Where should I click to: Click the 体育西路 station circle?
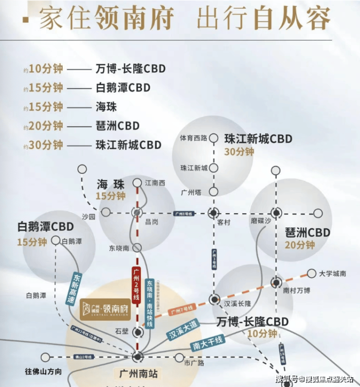[214, 138]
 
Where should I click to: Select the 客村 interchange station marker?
[214, 213]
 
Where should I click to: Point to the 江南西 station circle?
[137, 183]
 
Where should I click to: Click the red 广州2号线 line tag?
[136, 286]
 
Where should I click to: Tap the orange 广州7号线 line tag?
[182, 309]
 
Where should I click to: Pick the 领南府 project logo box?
[105, 308]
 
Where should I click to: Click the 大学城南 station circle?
[311, 274]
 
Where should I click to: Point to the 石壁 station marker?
[138, 332]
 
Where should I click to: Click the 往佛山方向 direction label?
[44, 371]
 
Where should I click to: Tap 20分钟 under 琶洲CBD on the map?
[300, 245]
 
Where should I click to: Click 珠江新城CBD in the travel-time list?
[128, 145]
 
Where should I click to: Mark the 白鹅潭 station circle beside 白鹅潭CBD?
[55, 240]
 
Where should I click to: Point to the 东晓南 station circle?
[137, 247]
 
